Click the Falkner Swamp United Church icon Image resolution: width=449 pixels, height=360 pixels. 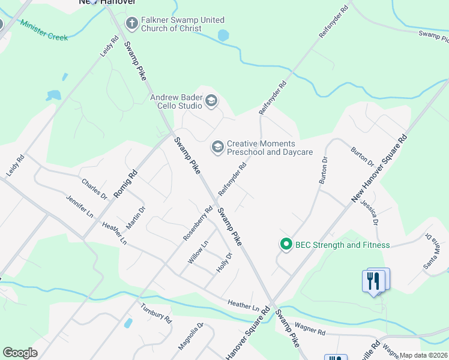pos(132,23)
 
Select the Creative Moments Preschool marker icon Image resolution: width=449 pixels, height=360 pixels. pos(217,146)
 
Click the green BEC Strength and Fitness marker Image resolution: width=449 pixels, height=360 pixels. pos(286,244)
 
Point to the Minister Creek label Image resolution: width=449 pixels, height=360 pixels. pos(44,30)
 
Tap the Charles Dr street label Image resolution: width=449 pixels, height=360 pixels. pos(94,188)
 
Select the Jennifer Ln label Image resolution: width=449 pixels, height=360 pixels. pos(80,206)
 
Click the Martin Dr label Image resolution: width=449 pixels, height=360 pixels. pos(136,218)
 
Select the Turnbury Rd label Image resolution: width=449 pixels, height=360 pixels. pos(156,313)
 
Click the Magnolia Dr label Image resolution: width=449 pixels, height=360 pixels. pos(191,337)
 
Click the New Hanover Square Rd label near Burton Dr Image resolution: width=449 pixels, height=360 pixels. pos(379,169)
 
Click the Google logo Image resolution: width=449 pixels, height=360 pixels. pos(20,353)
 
